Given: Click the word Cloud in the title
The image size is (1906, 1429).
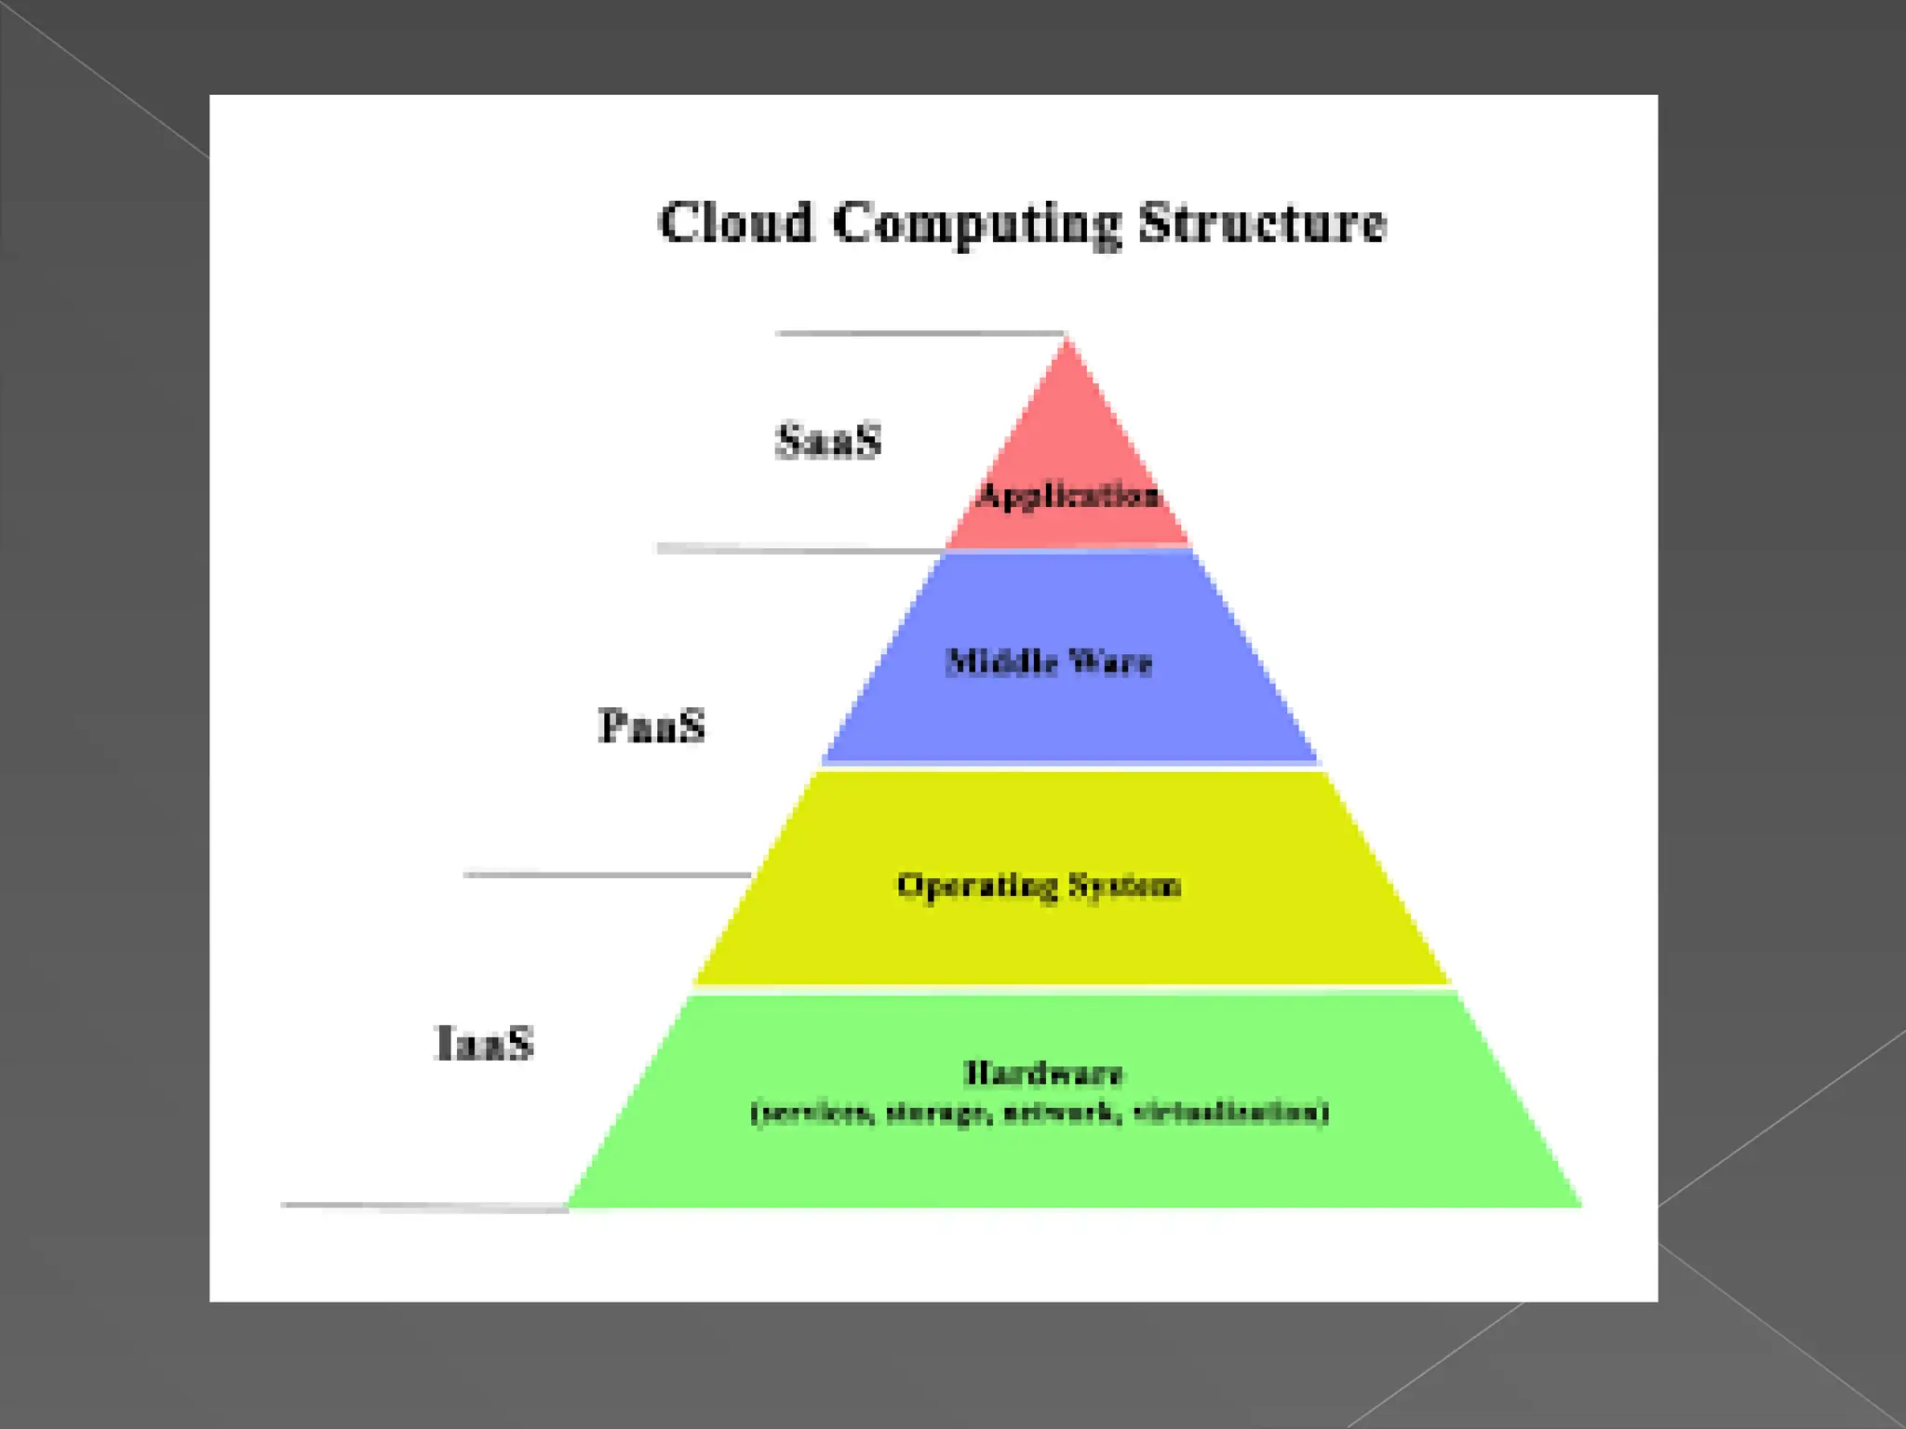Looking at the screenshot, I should click(x=735, y=223).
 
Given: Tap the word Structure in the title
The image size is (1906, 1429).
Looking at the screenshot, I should click(x=1263, y=223).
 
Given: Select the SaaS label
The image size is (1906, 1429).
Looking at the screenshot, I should click(x=828, y=441).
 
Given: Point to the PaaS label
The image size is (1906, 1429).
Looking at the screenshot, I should click(x=651, y=726).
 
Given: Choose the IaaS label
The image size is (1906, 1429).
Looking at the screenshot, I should click(x=484, y=1042).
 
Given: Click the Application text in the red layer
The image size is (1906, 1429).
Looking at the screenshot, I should click(x=1068, y=495).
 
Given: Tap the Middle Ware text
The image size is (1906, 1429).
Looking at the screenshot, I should click(x=1049, y=662).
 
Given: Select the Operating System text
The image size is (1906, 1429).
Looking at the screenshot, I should click(x=1039, y=885).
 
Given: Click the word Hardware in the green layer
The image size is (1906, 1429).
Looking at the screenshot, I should click(x=1042, y=1074).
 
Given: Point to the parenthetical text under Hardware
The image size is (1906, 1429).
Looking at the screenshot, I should click(x=1040, y=1113).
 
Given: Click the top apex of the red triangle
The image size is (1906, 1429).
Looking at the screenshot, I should click(x=1067, y=341).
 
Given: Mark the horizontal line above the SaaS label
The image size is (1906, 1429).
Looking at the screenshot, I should click(x=919, y=333).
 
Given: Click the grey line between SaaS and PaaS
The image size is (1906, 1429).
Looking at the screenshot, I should click(x=800, y=549).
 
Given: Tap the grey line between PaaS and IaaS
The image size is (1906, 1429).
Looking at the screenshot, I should click(x=607, y=875).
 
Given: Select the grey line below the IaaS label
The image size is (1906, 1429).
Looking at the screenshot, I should click(x=424, y=1206).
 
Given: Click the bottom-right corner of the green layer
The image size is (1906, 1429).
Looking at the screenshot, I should click(x=1578, y=1205).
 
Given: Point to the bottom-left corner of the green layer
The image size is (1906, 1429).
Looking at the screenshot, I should click(x=570, y=1205).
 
